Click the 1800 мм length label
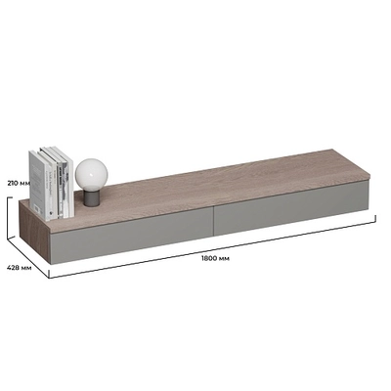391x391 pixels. (x=215, y=258)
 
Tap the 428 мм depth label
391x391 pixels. (x=20, y=268)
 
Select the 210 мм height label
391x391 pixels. (x=19, y=183)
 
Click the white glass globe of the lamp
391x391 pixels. (x=91, y=175)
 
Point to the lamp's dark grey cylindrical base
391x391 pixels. (x=91, y=198)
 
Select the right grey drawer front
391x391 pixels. (x=291, y=205)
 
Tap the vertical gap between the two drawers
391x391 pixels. (x=213, y=220)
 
